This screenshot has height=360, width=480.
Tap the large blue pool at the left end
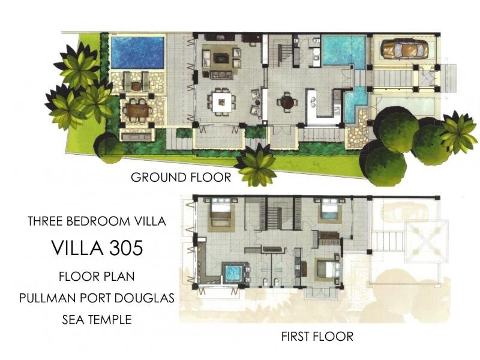(x=137, y=53)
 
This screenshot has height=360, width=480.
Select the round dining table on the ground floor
(x=287, y=103)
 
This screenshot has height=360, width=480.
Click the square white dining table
(x=220, y=100)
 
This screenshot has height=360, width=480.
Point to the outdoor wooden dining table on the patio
(x=137, y=110)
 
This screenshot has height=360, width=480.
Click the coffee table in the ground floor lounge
(x=220, y=59)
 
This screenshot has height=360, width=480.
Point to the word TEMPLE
(x=110, y=320)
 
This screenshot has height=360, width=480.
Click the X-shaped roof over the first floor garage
(x=427, y=241)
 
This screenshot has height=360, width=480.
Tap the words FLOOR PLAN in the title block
(x=97, y=277)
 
